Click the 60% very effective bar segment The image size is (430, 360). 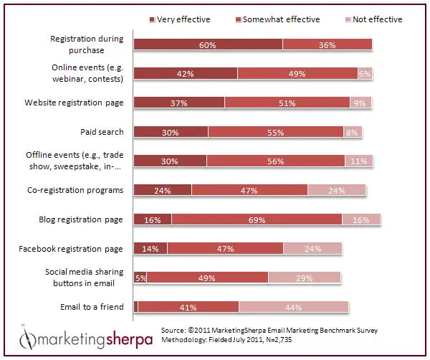click(x=208, y=44)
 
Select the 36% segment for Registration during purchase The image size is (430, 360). click(x=328, y=44)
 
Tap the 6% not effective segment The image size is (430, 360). click(x=365, y=74)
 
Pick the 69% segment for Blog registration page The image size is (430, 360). click(x=257, y=219)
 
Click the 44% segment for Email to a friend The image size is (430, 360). click(x=293, y=307)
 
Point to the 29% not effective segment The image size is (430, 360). click(x=305, y=278)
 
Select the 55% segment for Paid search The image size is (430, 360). click(x=276, y=132)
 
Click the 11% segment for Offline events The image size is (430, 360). click(x=359, y=161)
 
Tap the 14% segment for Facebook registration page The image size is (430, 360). click(x=150, y=248)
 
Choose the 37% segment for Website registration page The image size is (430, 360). click(x=179, y=103)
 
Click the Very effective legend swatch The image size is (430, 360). click(x=152, y=20)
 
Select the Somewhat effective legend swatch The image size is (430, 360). click(x=239, y=20)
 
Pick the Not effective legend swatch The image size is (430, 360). click(x=348, y=20)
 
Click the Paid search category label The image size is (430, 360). click(x=102, y=132)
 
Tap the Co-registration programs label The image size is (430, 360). click(x=75, y=190)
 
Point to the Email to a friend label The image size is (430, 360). click(x=92, y=306)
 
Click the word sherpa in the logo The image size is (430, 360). click(x=129, y=340)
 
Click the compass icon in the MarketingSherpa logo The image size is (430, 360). click(x=27, y=338)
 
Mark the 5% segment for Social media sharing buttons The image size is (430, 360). click(x=140, y=278)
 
